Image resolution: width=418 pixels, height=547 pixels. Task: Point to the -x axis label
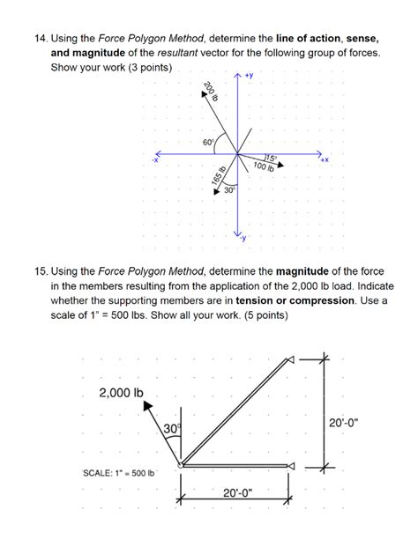tap(155, 159)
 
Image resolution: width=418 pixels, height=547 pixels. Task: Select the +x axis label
tap(324, 160)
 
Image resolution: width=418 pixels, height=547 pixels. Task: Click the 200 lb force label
tap(210, 92)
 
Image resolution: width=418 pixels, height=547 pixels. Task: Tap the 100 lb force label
tap(264, 166)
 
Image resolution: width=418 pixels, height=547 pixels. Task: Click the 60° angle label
tap(208, 142)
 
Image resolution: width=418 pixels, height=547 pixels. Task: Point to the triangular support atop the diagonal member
tap(287, 361)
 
